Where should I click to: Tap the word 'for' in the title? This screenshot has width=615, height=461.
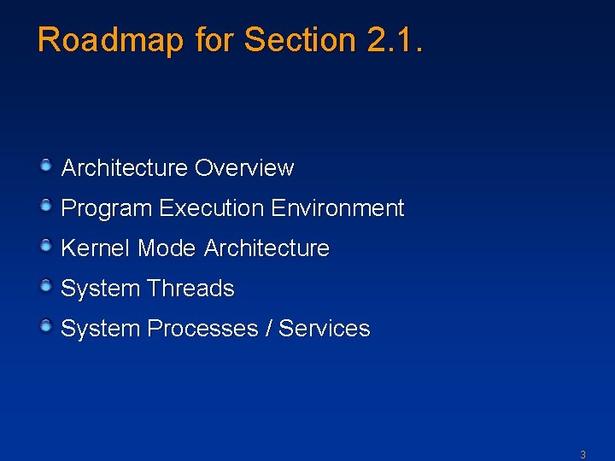coord(214,40)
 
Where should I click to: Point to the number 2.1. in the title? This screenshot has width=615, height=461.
coord(393,40)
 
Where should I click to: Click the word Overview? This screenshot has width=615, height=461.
coord(244,168)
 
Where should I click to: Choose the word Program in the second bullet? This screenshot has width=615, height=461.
coord(107,208)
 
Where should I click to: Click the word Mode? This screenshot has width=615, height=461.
coord(167,248)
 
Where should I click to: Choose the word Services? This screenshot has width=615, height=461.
coord(325,329)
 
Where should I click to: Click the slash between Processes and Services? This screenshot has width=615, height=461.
coord(269,329)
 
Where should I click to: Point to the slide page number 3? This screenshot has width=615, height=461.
coord(583,455)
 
